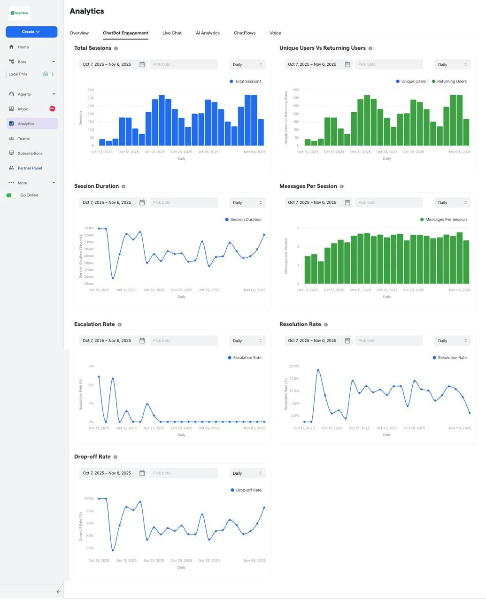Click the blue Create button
point(31,32)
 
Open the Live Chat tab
point(172,33)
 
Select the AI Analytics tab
point(208,33)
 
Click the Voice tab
point(275,33)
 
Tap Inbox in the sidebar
point(23,109)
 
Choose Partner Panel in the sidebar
point(30,168)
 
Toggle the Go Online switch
point(11,195)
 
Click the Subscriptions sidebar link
point(30,154)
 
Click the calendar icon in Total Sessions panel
point(142,64)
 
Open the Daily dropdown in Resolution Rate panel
point(452,341)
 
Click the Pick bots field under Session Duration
point(183,203)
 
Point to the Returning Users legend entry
point(449,82)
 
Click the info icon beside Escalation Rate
point(119,324)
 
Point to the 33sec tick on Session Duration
point(89,228)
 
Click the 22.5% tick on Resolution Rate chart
point(294,366)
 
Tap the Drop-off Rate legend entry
point(246,490)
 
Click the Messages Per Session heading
point(308,186)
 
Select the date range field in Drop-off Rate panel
point(107,473)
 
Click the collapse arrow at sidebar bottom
point(58,592)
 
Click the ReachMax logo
point(20,13)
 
